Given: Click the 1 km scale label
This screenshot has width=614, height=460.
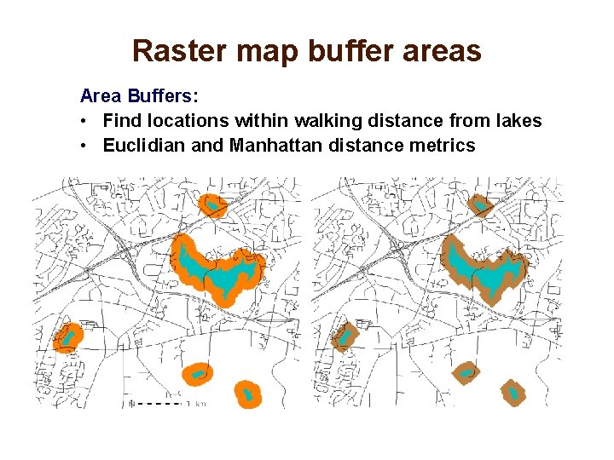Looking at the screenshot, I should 198,403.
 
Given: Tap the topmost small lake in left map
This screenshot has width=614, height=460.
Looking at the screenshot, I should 211,204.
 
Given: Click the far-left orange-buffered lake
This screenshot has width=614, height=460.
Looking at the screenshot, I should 65,336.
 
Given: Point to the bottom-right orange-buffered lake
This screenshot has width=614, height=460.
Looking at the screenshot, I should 247,394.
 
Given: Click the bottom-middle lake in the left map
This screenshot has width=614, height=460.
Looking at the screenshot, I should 198,373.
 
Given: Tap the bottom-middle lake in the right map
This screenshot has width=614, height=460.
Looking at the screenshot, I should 466,372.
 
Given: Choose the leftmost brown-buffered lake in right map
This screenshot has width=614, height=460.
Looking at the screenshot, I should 344,336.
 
